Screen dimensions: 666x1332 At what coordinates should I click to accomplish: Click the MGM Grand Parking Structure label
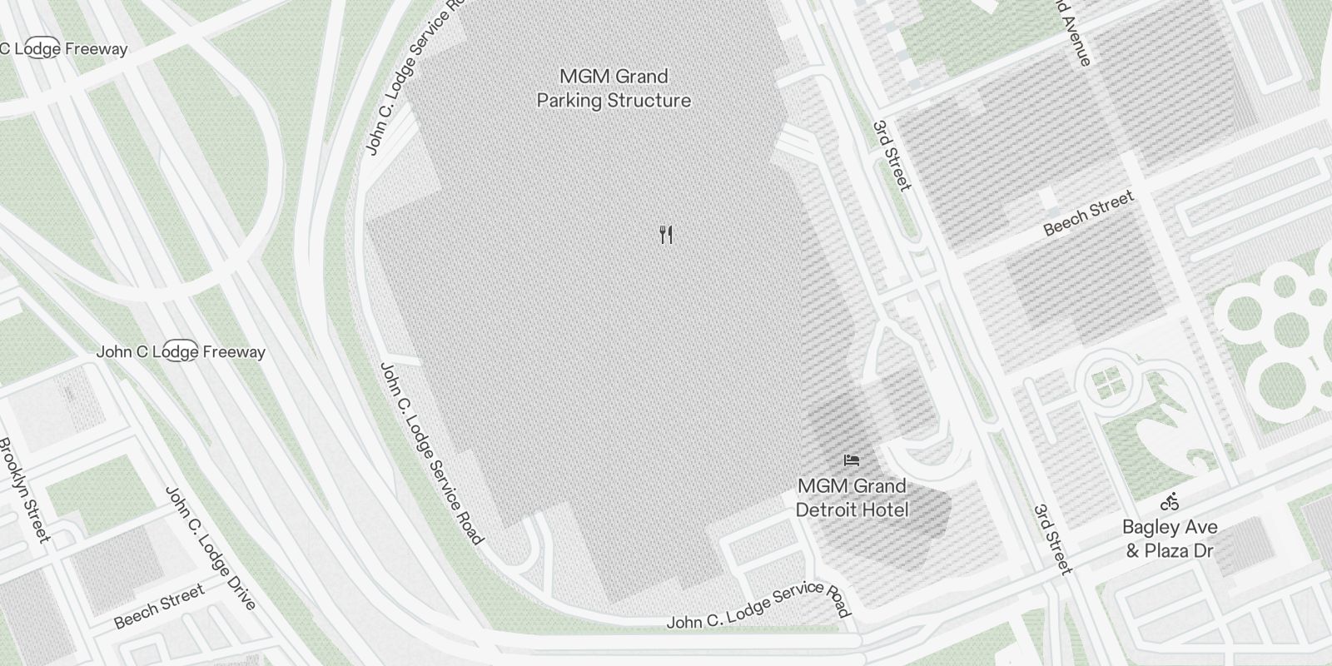pyautogui.click(x=614, y=88)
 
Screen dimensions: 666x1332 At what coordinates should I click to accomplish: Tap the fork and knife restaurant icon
pyautogui.click(x=665, y=235)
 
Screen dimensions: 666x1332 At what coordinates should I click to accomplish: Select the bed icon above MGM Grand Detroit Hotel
pyautogui.click(x=851, y=460)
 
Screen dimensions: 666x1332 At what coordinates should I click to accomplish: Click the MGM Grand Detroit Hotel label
pyautogui.click(x=852, y=497)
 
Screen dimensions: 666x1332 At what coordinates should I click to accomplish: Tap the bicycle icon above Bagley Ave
pyautogui.click(x=1170, y=502)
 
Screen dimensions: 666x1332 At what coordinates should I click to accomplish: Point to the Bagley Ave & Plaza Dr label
pyautogui.click(x=1170, y=539)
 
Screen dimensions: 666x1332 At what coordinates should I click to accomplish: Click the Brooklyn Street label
pyautogui.click(x=25, y=490)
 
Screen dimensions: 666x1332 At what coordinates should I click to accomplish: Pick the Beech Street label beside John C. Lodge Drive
pyautogui.click(x=159, y=607)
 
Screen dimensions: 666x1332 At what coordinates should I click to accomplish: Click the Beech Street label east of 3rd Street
pyautogui.click(x=1089, y=213)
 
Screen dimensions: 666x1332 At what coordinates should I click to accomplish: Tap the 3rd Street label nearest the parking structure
pyautogui.click(x=892, y=156)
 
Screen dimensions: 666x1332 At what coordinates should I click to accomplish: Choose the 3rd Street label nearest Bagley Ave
pyautogui.click(x=1052, y=539)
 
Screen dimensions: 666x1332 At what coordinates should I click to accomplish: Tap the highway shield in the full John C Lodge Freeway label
pyautogui.click(x=180, y=351)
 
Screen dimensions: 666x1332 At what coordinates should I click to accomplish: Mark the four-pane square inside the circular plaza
pyautogui.click(x=1107, y=384)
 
